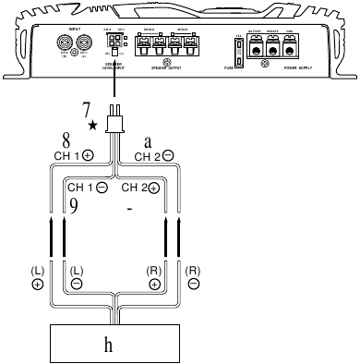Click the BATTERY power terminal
[x=274, y=47]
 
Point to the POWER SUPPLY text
[x=305, y=68]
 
